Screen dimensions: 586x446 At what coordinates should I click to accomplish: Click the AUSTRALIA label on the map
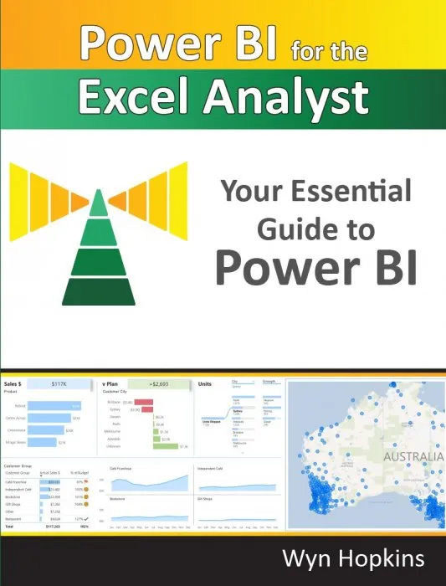pos(413,457)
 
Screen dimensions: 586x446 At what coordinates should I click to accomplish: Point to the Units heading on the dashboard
pos(205,383)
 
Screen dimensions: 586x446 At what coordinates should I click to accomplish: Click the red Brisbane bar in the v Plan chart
pos(144,402)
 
